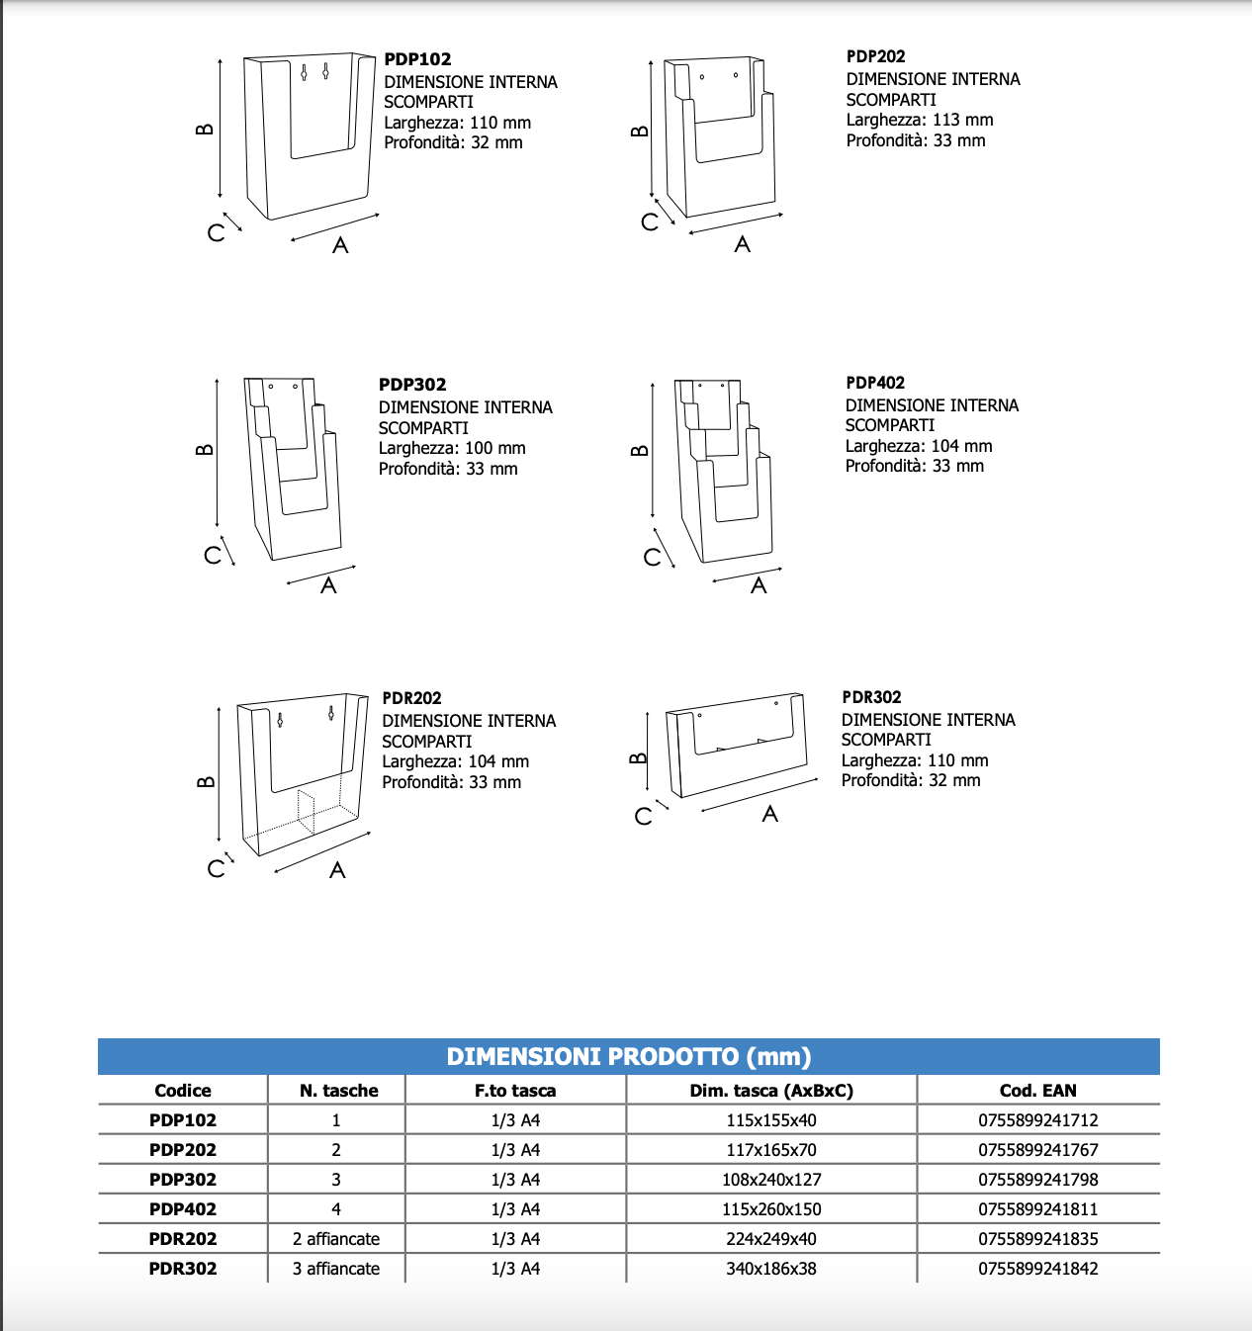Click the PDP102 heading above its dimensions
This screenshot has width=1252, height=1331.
click(x=417, y=59)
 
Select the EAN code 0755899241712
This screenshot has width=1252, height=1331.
click(x=1037, y=1120)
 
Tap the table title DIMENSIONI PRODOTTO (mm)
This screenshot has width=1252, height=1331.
click(x=628, y=1056)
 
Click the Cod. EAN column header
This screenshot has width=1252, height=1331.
click(x=1037, y=1091)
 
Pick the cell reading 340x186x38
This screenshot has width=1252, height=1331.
click(x=770, y=1269)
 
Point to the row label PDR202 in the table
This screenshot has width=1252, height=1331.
click(x=183, y=1239)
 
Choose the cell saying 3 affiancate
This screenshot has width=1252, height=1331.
click(x=335, y=1269)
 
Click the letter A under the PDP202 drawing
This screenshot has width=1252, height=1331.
click(x=742, y=244)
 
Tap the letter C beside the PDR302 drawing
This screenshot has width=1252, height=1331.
click(x=643, y=817)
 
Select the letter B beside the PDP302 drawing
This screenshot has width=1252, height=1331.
click(x=205, y=450)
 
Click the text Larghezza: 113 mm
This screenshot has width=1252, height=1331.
click(x=919, y=120)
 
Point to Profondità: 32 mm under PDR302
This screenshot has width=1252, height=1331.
click(x=910, y=780)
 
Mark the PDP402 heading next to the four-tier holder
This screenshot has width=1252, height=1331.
click(x=874, y=383)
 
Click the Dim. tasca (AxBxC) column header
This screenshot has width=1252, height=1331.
click(x=770, y=1091)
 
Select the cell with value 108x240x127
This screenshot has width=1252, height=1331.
click(x=770, y=1180)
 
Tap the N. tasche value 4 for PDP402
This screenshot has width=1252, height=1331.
click(x=335, y=1209)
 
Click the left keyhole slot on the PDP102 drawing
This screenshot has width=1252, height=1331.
click(x=305, y=72)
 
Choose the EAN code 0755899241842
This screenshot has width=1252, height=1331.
click(x=1037, y=1269)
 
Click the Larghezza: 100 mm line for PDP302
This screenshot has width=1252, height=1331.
click(x=451, y=448)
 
